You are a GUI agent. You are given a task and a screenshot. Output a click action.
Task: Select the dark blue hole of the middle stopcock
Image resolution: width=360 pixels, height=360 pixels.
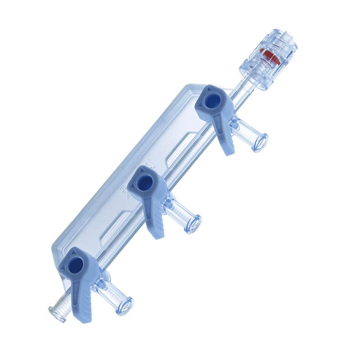144,182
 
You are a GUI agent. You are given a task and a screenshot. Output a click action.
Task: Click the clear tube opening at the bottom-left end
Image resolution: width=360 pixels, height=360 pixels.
57,314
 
